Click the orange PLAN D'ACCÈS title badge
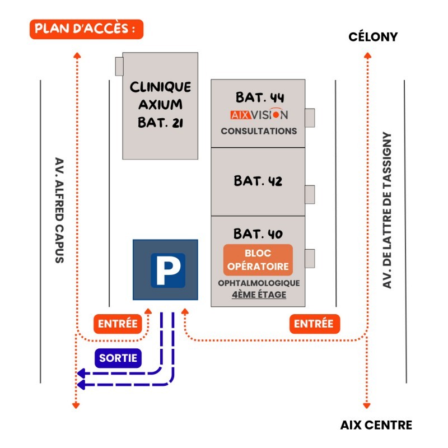(x=86, y=29)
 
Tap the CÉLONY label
(x=373, y=37)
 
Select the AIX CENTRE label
(x=376, y=425)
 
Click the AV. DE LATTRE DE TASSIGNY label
(x=386, y=211)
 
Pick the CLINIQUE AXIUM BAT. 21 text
(x=160, y=105)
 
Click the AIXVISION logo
(x=259, y=115)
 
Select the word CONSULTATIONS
(x=259, y=131)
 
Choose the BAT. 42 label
(x=258, y=181)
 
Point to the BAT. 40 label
(x=258, y=233)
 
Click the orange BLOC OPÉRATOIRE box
(x=258, y=260)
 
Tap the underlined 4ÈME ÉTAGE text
(x=259, y=295)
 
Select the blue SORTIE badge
(x=118, y=358)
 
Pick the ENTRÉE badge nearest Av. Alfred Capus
(x=118, y=323)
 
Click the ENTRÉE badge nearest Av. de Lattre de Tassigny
(x=314, y=323)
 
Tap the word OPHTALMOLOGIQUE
(x=259, y=283)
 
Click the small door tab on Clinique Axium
(x=119, y=66)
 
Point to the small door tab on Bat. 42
(x=310, y=194)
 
